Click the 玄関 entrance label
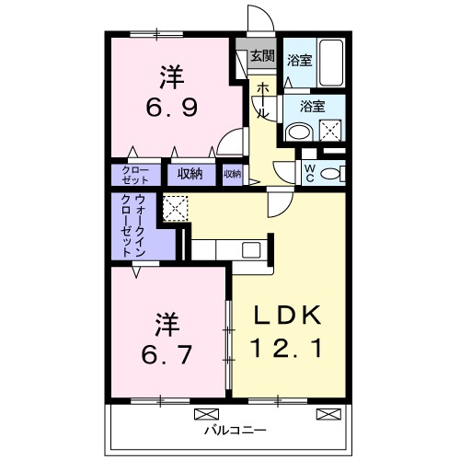[x=262, y=56]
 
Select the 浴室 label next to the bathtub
[x=298, y=62]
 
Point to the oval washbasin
[x=298, y=132]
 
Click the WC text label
[x=310, y=172]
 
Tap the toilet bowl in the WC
[x=334, y=172]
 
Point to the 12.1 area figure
[x=287, y=349]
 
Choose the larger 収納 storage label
[x=191, y=172]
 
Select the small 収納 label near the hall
[x=232, y=172]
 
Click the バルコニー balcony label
[x=230, y=429]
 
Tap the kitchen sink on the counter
[x=251, y=248]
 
